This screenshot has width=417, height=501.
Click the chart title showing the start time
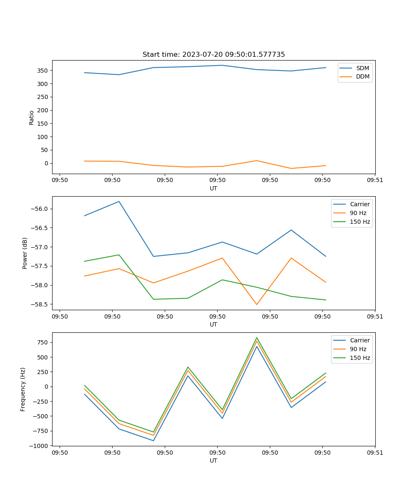click(214, 55)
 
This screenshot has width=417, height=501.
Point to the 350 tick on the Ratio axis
click(43, 71)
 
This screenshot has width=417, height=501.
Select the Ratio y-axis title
click(32, 117)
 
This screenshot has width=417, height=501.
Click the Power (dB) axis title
click(25, 253)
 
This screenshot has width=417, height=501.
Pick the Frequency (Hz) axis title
click(23, 389)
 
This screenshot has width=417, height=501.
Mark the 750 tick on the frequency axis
click(43, 343)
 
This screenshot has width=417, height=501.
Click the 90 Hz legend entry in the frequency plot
click(358, 349)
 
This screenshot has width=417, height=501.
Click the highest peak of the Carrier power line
click(119, 201)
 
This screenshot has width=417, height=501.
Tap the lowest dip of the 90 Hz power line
click(257, 304)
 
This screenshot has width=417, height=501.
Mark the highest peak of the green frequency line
click(257, 338)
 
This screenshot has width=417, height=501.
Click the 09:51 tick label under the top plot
click(375, 181)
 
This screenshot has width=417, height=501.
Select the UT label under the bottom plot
click(214, 461)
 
